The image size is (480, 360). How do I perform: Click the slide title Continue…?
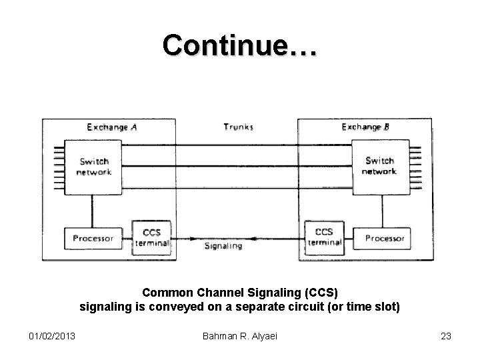241,45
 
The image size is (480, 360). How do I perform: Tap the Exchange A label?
112,127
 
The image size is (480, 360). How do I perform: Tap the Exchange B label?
365,127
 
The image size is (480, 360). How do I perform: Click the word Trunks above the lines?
238,127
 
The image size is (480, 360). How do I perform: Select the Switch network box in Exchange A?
94,167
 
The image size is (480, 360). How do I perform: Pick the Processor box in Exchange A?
93,238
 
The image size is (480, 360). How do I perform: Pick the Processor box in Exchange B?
385,238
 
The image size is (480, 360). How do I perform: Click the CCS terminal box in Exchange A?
152,237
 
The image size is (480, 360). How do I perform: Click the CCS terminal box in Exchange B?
324,237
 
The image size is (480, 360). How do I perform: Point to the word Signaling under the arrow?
224,247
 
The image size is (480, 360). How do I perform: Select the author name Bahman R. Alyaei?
240,337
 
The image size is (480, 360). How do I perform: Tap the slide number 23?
445,337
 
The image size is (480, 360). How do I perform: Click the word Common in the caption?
165,294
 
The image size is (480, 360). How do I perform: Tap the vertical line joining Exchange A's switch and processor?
93,212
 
